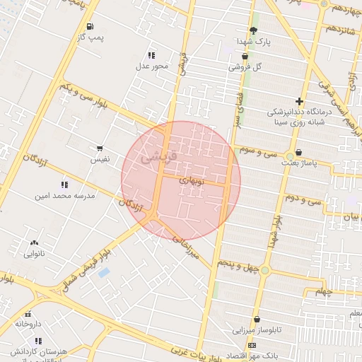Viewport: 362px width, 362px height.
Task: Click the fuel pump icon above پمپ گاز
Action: pos(90,27)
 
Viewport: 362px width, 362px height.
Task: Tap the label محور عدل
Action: pos(151,66)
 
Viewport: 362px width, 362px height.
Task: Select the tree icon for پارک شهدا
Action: pos(254,30)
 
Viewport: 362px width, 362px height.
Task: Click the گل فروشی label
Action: pos(245,67)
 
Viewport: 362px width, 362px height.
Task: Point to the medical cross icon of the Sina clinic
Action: pos(300,102)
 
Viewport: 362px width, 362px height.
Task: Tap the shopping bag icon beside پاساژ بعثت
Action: pos(298,152)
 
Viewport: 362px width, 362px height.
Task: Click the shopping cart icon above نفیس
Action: pos(100,149)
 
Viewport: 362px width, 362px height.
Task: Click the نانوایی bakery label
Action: pos(34,252)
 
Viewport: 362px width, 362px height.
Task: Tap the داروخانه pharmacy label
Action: pos(29,324)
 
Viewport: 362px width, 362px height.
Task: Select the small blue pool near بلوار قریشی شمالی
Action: pos(104,272)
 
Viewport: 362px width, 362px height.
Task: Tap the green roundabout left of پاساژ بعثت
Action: pos(289,156)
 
